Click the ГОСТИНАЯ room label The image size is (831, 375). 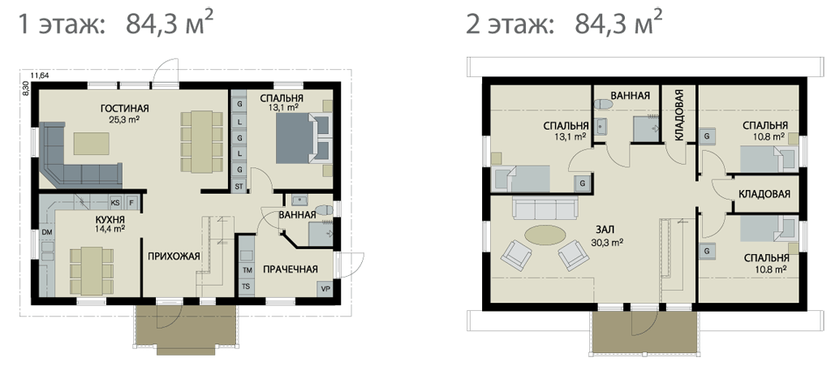[124, 109]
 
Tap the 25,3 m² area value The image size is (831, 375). [124, 119]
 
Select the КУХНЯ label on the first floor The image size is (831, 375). [110, 219]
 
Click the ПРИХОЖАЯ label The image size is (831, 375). [174, 256]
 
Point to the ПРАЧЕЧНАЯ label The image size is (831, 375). [291, 269]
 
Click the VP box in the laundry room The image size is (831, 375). [325, 289]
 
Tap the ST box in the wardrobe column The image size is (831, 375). [239, 186]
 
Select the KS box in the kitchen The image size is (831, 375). [115, 202]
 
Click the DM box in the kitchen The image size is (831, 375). [46, 232]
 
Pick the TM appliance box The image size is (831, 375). [247, 270]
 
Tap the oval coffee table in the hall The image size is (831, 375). [544, 234]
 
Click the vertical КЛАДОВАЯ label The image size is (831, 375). [679, 114]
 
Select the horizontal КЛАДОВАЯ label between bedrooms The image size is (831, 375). [764, 194]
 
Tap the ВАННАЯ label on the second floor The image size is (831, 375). [630, 96]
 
